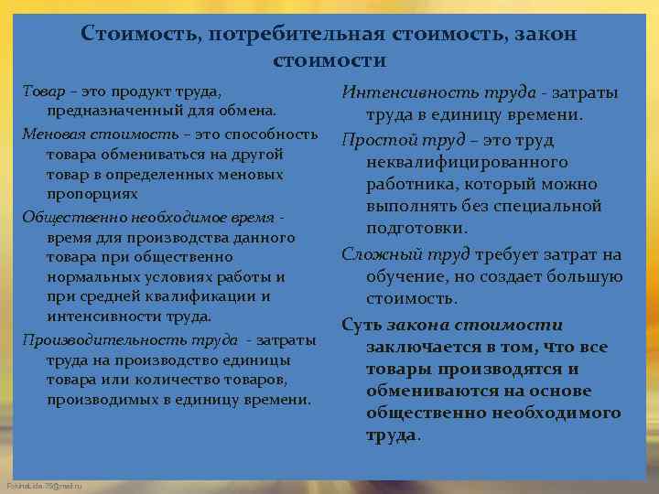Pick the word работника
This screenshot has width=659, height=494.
pyautogui.click(x=415, y=184)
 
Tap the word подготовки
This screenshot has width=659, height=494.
pyautogui.click(x=416, y=228)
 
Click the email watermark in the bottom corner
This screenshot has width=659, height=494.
pyautogui.click(x=43, y=486)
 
